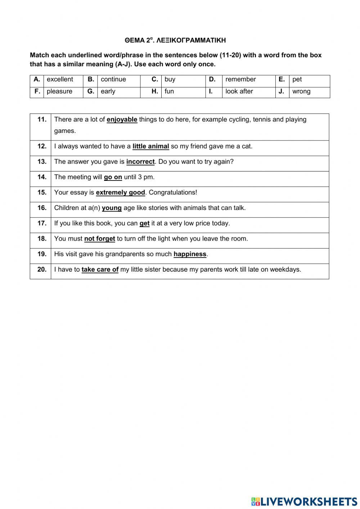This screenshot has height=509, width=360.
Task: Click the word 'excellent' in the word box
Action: click(60, 80)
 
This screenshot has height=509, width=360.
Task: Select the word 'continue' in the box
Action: click(113, 80)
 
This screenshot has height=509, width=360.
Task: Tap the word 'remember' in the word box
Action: click(240, 80)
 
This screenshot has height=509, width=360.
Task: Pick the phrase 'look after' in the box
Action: click(239, 91)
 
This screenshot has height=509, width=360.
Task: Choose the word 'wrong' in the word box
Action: click(301, 91)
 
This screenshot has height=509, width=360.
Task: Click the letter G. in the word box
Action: click(91, 91)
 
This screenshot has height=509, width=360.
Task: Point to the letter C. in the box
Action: click(155, 80)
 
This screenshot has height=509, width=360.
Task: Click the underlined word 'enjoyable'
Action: click(122, 120)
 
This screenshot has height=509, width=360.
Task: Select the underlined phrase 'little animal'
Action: click(151, 146)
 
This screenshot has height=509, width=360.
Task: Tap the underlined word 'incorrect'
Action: click(140, 162)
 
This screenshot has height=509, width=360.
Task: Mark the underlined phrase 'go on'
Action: click(113, 177)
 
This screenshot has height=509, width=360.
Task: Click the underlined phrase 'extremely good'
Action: click(121, 193)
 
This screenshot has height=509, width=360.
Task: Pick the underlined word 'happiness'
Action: click(190, 254)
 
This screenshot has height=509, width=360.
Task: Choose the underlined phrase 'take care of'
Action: click(100, 269)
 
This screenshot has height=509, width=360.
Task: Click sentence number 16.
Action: click(42, 208)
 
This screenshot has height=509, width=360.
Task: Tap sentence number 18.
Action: click(42, 239)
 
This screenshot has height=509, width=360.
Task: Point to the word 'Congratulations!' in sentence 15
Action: click(173, 193)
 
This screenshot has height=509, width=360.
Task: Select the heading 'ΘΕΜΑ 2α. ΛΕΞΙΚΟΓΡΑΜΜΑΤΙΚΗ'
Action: click(175, 40)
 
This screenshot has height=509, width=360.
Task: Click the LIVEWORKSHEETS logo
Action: click(304, 501)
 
